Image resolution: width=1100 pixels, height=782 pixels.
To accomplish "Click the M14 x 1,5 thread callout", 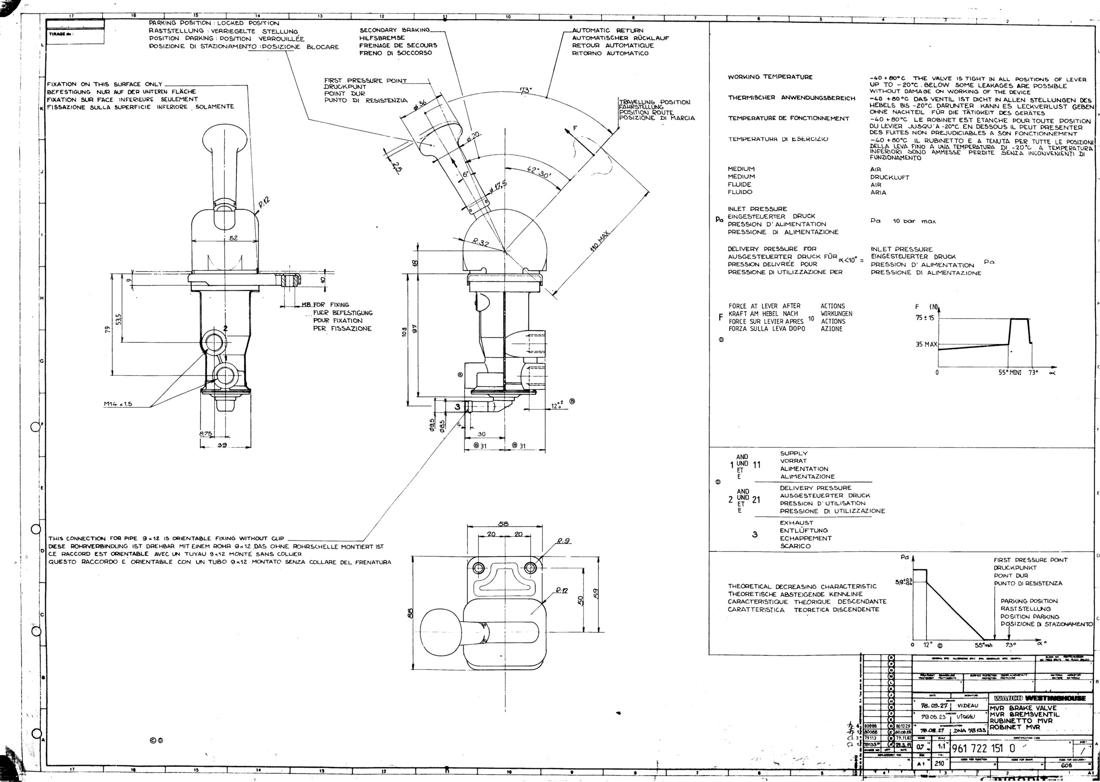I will click(x=118, y=404).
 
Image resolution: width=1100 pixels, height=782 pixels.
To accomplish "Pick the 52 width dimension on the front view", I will click(x=233, y=238).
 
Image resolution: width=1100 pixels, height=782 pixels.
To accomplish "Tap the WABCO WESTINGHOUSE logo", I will click(x=1039, y=698).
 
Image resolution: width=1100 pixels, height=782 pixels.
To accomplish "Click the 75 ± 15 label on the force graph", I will click(x=925, y=318).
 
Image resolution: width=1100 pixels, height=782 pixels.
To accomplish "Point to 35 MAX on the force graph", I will click(x=926, y=345).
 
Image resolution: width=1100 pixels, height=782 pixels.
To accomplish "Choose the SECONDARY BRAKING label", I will click(x=394, y=30).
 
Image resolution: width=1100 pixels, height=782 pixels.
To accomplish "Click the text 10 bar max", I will click(x=914, y=222).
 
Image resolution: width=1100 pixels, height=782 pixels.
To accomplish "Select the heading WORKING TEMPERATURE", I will click(x=770, y=77).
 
